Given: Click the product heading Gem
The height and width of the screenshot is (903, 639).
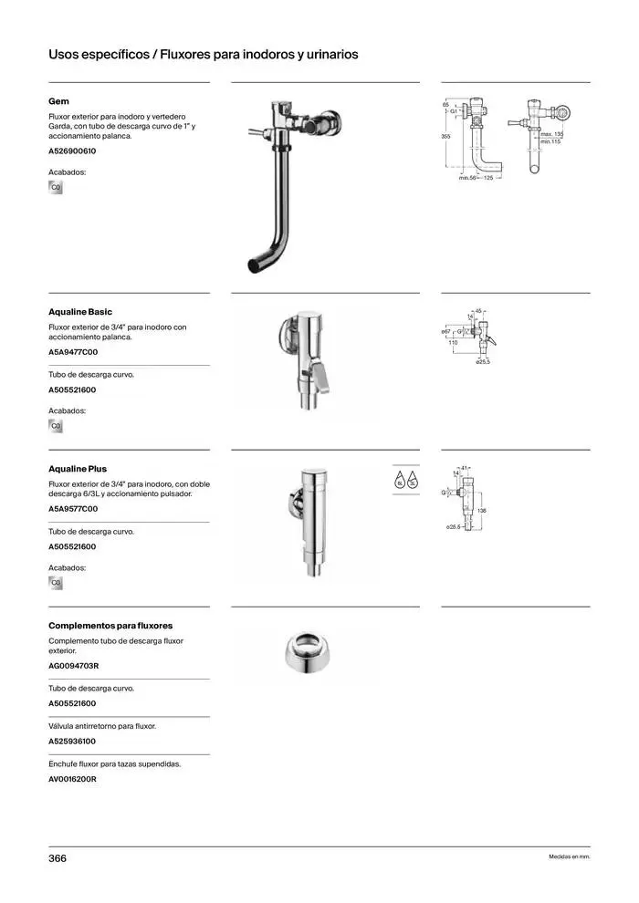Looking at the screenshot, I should pos(58,101).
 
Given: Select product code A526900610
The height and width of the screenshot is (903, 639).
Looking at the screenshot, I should pos(72,150).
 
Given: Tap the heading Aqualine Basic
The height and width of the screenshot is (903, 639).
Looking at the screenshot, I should pos(80,312).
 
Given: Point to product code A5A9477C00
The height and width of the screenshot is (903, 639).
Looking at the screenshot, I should pos(73,352).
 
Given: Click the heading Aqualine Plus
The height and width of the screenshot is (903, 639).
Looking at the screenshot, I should pos(78,469).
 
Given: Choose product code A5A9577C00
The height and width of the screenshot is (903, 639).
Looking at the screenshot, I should pos(73,509).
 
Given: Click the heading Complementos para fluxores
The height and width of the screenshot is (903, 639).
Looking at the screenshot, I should pos(110,626).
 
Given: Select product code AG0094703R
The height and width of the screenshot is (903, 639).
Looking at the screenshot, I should pos(73,666).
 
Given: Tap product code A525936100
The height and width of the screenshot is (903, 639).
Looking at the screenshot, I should pos(72,742).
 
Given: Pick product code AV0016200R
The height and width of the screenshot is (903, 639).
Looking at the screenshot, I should pos(73,780).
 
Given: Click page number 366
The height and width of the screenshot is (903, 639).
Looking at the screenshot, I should pos(58,858).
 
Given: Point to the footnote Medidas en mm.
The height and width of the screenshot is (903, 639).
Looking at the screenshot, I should pos(570,858).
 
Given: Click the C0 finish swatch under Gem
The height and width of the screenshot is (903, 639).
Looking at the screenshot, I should pos(56,188).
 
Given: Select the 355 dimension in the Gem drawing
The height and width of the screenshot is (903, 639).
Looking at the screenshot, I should pos(445,136).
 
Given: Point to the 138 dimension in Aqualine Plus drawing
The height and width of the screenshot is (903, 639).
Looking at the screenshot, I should pos(481,510).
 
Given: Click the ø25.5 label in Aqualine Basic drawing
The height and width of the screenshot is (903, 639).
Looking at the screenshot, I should pos(484,363).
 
